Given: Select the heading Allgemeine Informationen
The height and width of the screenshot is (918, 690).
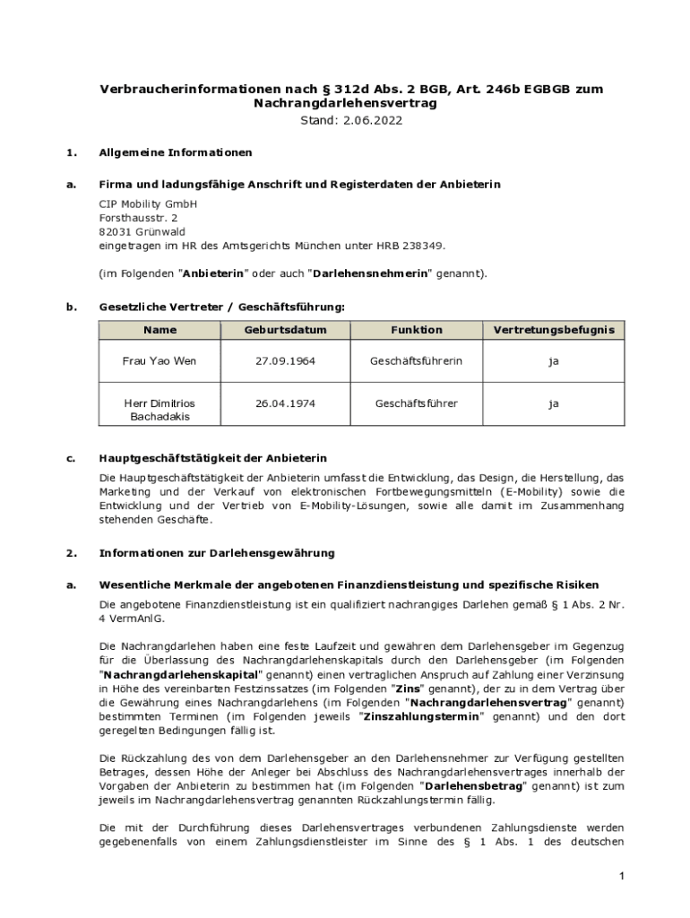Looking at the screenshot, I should [176, 152].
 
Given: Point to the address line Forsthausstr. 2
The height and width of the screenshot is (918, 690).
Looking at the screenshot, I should [138, 217].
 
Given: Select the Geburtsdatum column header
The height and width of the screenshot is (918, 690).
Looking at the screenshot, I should [285, 330].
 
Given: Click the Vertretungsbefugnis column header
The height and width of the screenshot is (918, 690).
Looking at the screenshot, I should [554, 330].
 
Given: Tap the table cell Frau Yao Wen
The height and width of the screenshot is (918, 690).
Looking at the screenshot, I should [159, 360].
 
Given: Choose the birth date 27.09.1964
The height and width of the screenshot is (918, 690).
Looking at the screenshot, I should [285, 360].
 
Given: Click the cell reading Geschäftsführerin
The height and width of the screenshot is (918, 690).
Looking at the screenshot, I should [416, 360].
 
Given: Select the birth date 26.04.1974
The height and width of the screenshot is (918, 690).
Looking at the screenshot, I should [285, 403].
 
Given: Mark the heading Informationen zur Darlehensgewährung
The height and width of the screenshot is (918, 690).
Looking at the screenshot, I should [217, 552].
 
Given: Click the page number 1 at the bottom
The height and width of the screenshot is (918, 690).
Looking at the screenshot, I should [620, 875].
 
